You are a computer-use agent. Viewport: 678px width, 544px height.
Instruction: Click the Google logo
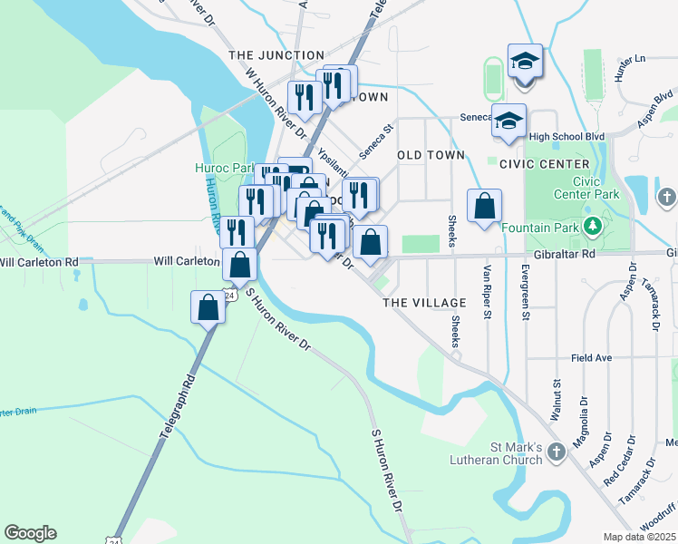coord(30,533)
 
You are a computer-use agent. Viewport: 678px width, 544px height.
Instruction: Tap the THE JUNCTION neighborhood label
coord(276,55)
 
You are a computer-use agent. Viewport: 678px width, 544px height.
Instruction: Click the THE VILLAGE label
coord(424,302)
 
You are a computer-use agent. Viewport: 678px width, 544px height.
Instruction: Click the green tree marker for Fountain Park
coord(593,225)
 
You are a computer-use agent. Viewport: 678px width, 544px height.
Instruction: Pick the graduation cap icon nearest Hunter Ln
coord(525,62)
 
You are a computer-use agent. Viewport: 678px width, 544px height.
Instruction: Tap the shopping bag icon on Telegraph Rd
coord(208,306)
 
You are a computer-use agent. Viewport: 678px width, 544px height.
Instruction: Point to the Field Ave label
coord(594,358)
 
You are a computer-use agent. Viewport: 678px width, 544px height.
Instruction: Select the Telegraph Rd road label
coord(179,407)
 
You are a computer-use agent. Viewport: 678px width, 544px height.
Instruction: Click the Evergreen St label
coord(525,293)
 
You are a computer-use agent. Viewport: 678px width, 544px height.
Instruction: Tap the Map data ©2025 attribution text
coord(639,537)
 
